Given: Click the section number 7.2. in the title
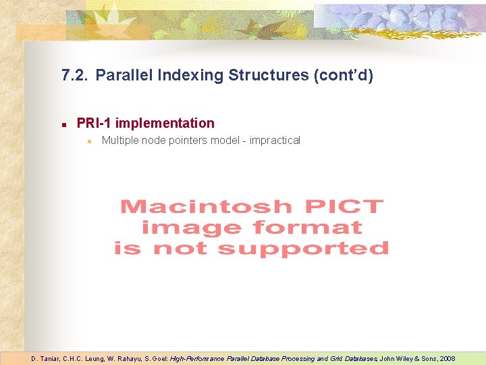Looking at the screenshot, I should [x=74, y=75].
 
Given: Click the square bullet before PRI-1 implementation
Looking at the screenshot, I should [x=62, y=124].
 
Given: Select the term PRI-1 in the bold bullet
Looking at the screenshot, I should [x=94, y=123].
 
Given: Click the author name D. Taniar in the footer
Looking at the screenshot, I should [x=45, y=358].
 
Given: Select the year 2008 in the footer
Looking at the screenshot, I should [x=446, y=358].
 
